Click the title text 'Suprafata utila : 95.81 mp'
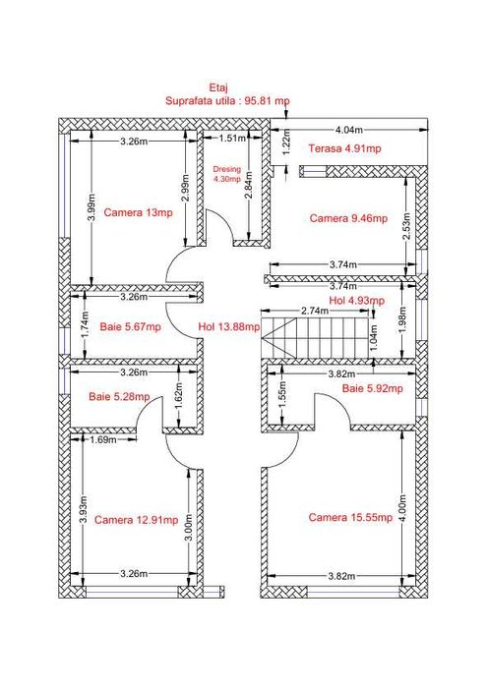(x=227, y=101)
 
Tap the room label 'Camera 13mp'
(x=139, y=213)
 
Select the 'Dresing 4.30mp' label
(x=226, y=174)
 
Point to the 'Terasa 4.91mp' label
(x=344, y=148)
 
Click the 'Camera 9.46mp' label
(x=348, y=218)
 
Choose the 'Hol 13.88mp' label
(x=229, y=327)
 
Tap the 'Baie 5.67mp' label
(x=131, y=327)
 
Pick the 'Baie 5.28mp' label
(x=119, y=397)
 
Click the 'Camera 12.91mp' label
(x=137, y=520)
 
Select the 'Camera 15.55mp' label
(x=350, y=517)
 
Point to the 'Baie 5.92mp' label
(x=373, y=388)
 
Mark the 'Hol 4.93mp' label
(x=356, y=301)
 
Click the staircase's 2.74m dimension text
(x=315, y=311)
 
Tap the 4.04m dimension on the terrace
(x=349, y=130)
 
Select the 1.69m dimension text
(x=103, y=439)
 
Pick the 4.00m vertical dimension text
(x=402, y=508)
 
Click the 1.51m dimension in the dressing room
(x=233, y=139)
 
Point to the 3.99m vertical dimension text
(x=91, y=208)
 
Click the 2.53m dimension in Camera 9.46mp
(x=407, y=226)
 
